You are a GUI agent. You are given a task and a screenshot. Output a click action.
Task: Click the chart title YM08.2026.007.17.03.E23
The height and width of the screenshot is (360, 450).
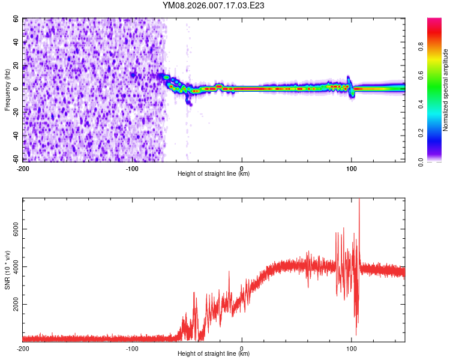pyautogui.click(x=214, y=5)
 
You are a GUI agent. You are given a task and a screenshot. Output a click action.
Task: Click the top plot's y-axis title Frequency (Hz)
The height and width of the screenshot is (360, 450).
pyautogui.click(x=7, y=89)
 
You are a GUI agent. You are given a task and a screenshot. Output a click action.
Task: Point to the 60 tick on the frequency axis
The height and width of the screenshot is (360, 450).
pyautogui.click(x=16, y=19)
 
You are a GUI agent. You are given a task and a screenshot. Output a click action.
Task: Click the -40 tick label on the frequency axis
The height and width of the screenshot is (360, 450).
pyautogui.click(x=14, y=136)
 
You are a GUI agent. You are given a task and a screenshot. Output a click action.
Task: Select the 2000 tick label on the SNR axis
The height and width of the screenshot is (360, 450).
pyautogui.click(x=13, y=305)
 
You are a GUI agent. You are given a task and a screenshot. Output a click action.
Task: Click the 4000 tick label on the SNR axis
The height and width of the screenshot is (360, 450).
pyautogui.click(x=13, y=268)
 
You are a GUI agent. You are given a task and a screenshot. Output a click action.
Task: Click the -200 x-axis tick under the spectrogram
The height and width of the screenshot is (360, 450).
pyautogui.click(x=23, y=167)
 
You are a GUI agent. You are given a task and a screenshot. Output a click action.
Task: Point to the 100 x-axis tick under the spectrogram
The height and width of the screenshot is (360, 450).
pyautogui.click(x=352, y=167)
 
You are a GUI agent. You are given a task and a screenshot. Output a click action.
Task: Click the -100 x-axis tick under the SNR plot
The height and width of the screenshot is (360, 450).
pyautogui.click(x=133, y=348)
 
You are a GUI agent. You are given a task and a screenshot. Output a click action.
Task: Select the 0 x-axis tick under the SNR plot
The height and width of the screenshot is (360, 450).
pyautogui.click(x=242, y=348)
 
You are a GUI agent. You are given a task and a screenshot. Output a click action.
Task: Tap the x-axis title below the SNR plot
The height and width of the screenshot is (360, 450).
pyautogui.click(x=214, y=354)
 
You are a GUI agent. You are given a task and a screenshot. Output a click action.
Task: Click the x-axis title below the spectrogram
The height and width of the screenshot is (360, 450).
pyautogui.click(x=214, y=173)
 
